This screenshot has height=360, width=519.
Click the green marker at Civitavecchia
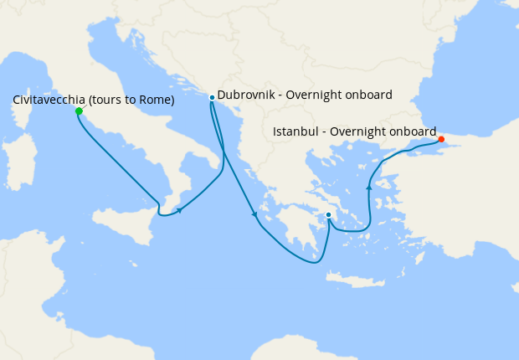78,111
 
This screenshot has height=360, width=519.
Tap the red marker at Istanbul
441,139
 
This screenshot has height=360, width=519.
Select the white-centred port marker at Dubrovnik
212,97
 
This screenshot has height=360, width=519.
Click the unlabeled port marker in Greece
328,215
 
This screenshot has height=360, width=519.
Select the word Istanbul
298,131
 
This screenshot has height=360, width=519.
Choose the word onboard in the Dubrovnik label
368,95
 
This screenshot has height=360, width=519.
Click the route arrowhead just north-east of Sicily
180,210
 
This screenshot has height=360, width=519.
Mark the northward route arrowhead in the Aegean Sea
368,188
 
